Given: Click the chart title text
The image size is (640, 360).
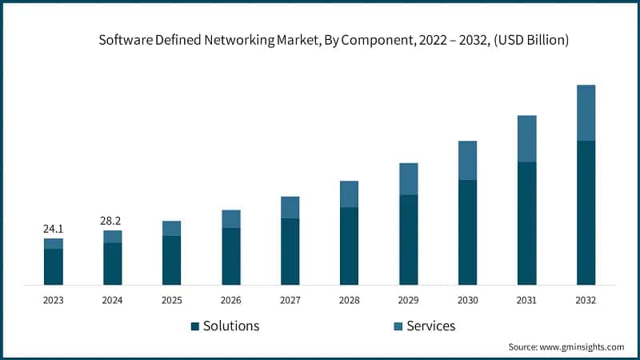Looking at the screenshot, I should (334, 41).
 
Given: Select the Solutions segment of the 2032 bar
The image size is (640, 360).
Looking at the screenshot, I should (586, 212).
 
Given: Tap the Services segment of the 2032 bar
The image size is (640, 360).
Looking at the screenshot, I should (586, 113).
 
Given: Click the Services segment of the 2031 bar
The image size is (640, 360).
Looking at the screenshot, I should (526, 138).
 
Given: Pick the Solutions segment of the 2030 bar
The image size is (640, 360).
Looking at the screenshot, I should (467, 232).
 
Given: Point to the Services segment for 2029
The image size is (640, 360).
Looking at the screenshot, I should (408, 178).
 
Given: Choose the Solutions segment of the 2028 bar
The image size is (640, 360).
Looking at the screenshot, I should (349, 246).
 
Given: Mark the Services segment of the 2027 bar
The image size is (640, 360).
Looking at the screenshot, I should (290, 207).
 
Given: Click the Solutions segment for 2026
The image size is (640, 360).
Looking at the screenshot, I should (231, 256).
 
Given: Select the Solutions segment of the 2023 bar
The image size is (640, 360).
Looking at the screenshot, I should (54, 266).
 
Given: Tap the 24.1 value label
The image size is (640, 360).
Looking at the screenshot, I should (54, 229).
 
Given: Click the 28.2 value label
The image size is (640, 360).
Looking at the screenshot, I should (113, 221).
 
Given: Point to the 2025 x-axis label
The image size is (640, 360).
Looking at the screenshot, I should (172, 300).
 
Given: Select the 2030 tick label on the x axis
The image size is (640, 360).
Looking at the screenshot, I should (467, 300).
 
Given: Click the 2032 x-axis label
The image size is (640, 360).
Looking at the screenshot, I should (586, 300).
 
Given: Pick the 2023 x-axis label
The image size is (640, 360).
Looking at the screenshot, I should (54, 300).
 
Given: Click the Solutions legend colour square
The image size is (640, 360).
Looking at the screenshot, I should (194, 326).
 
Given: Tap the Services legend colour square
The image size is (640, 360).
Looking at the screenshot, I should (398, 326).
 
